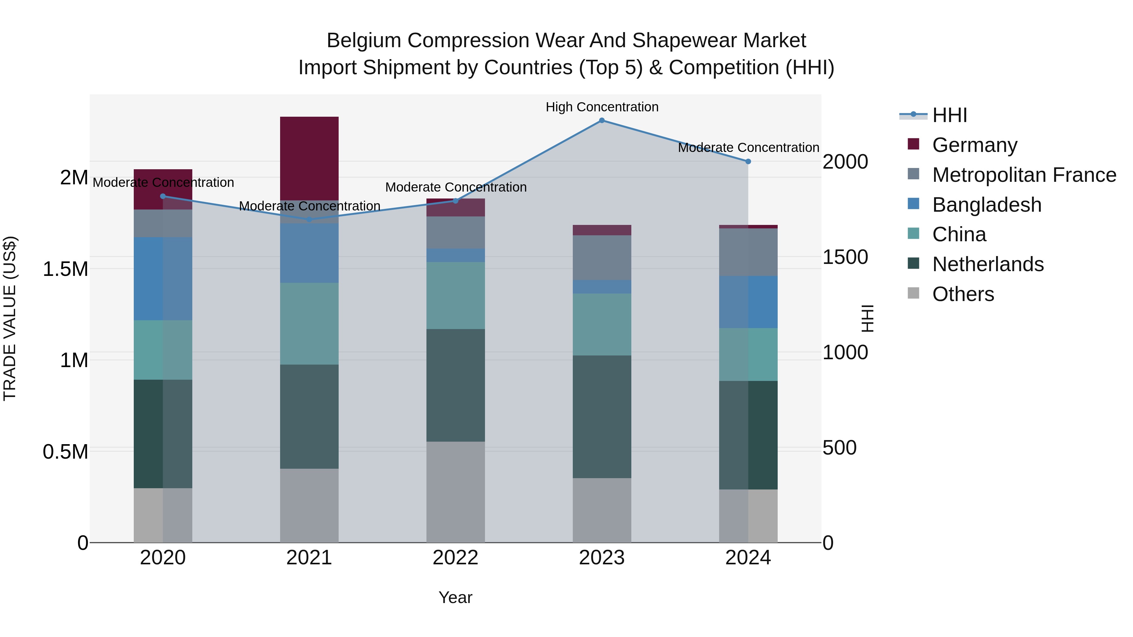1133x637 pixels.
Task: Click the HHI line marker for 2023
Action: click(602, 120)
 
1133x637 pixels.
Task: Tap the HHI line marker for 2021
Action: click(309, 219)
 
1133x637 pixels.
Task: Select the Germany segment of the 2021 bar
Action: click(309, 158)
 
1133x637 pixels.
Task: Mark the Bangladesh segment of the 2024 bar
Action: click(748, 302)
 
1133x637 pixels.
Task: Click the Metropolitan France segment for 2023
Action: click(602, 257)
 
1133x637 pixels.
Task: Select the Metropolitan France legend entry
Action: click(1023, 175)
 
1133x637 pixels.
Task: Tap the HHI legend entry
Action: click(949, 115)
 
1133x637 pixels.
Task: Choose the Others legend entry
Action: click(962, 294)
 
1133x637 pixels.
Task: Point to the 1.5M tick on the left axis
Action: click(65, 269)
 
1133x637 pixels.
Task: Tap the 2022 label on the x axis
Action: click(456, 558)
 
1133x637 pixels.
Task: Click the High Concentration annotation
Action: click(602, 107)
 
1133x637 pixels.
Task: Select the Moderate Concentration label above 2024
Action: click(748, 148)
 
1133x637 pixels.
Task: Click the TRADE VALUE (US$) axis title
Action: click(10, 318)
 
